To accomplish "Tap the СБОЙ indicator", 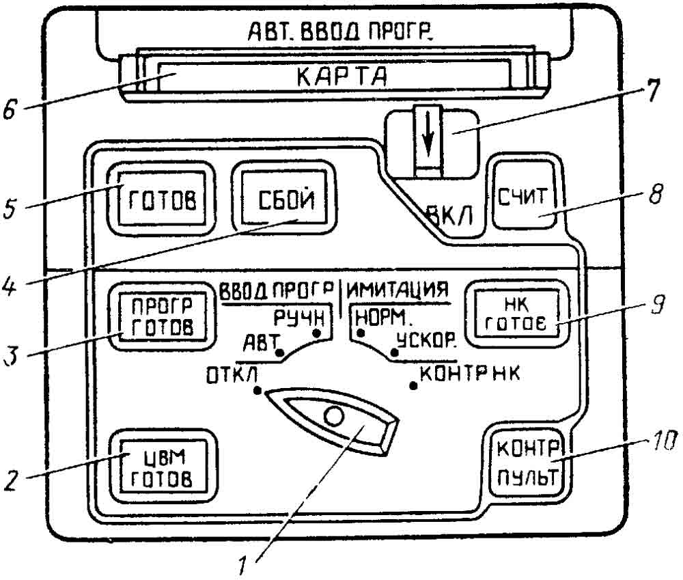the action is tap(284, 198).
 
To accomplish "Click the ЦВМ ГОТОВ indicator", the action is tap(162, 467).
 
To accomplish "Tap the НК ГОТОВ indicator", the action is tap(517, 314).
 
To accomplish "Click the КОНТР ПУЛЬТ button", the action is tap(528, 462).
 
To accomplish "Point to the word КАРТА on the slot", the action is tap(342, 77).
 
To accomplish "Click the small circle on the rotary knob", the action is tap(334, 417).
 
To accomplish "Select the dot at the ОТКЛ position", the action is tap(257, 391).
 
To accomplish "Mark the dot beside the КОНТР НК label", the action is tap(413, 385).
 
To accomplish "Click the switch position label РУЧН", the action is tap(299, 318).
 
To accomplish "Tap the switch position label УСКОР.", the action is tap(426, 340).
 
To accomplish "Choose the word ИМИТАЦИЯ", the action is tap(398, 290).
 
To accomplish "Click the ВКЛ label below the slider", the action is tap(449, 215).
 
